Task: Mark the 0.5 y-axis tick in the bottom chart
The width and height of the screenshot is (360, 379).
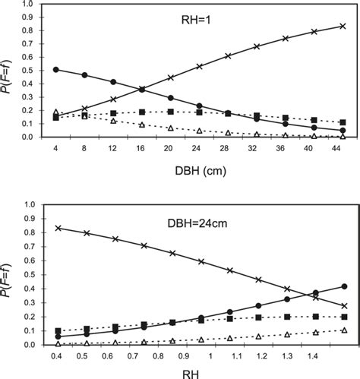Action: coord(27,274)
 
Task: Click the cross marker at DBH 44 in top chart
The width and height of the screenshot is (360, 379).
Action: coord(343,26)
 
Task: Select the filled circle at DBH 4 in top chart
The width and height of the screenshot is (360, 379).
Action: coord(56,69)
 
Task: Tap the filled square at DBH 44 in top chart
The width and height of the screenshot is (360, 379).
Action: coord(343,122)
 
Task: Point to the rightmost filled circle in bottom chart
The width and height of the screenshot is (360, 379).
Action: coord(344,286)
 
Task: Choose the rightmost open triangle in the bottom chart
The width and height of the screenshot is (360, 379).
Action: coord(344,330)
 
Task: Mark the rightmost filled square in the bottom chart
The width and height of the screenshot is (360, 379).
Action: coord(344,317)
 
